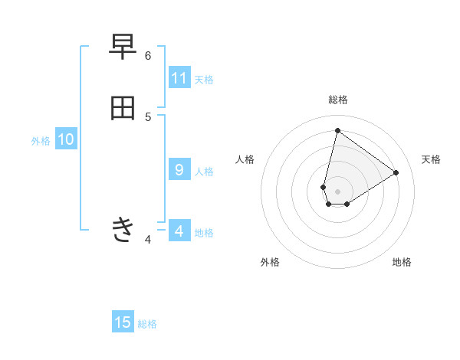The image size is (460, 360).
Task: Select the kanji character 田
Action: pos(123,108)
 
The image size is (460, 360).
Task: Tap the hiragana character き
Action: pos(123,229)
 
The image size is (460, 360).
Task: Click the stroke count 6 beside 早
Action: pos(148,56)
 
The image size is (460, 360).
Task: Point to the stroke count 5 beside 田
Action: pos(148,116)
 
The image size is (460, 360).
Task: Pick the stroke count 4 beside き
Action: pos(148,241)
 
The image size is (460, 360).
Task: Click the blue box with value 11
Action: pos(179,78)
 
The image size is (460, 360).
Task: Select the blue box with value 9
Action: pos(179,170)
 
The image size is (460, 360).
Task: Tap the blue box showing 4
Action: pos(179,231)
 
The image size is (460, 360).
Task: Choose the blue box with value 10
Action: pos(66,139)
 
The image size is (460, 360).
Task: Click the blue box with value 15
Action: pos(123,322)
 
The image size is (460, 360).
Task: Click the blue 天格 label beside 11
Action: pos(204,79)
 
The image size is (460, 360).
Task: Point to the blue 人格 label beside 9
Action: pos(204,171)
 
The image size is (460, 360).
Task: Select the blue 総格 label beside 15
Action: pos(147,324)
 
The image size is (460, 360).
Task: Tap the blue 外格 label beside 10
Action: pos(41,141)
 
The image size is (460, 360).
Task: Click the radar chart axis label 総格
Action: pos(337,100)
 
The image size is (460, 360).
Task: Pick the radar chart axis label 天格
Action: pos(431,159)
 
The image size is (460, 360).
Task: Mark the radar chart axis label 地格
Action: pos(402,262)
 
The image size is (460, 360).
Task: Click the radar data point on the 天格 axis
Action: pos(396,172)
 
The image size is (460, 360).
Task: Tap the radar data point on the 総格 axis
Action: pos(337,130)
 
